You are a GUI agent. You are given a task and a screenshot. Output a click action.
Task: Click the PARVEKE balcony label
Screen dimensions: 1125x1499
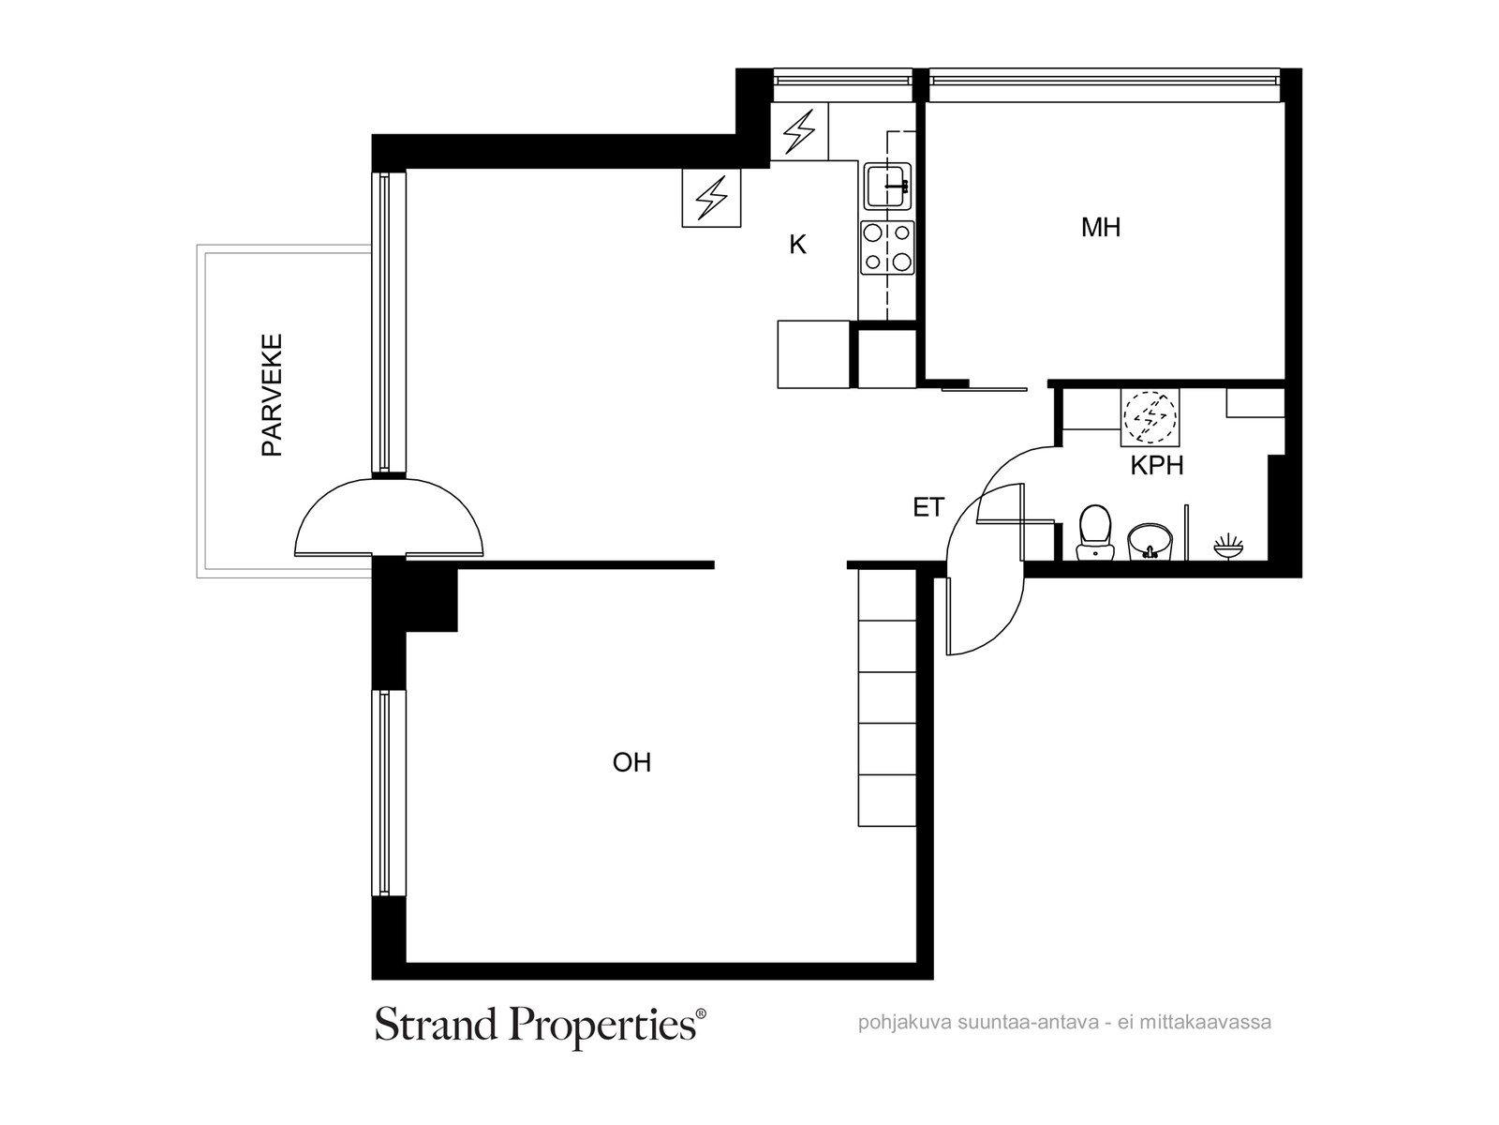[272, 395]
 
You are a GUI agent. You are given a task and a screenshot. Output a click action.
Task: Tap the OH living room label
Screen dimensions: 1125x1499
[631, 763]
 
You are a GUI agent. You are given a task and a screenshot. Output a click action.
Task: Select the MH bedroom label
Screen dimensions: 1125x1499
[1100, 228]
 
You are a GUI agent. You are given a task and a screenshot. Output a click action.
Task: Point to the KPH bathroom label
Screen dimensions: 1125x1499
[1156, 466]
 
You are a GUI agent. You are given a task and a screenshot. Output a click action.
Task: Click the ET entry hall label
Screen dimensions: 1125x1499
[928, 508]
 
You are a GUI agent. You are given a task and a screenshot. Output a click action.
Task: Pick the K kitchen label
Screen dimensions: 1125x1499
[797, 245]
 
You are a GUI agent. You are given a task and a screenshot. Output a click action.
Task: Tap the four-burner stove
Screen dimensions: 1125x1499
[887, 247]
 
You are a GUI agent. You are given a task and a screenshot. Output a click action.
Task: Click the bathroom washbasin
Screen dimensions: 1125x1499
[1150, 541]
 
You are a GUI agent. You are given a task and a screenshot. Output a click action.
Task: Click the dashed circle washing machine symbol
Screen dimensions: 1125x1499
[1150, 415]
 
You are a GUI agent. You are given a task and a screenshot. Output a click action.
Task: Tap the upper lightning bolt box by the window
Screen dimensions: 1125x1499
[799, 131]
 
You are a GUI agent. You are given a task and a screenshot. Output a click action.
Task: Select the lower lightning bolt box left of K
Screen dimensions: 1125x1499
[711, 198]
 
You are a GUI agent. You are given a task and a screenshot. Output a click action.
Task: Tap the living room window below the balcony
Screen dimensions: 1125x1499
[382, 793]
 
